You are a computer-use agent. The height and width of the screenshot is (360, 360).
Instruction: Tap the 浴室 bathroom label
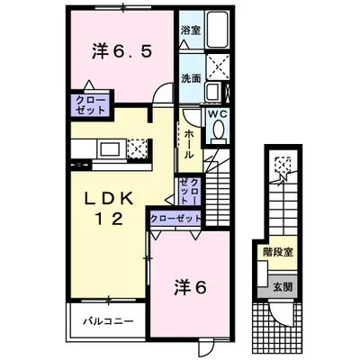(190, 30)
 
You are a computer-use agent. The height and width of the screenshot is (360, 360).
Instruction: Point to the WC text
(220, 114)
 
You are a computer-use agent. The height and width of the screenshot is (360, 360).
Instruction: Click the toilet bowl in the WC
(220, 132)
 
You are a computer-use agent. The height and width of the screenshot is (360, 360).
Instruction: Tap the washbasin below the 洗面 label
(213, 91)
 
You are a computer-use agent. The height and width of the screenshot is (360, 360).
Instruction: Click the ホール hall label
(189, 143)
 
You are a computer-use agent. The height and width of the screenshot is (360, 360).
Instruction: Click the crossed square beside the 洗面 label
(218, 65)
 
